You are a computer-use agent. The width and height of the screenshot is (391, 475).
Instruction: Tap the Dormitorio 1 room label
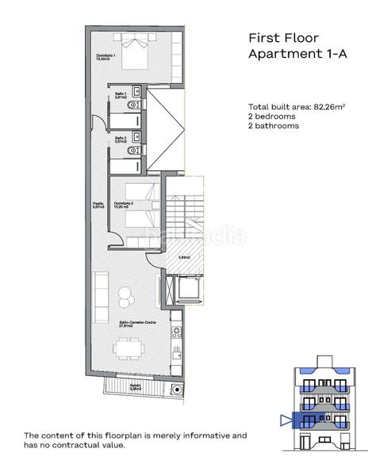(x=106, y=57)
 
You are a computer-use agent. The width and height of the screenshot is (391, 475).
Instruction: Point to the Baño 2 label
(x=121, y=139)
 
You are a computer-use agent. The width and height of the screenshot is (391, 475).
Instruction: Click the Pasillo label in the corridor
(x=98, y=205)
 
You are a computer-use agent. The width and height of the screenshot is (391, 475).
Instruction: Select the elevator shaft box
(x=190, y=289)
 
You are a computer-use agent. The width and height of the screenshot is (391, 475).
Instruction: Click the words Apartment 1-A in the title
(x=299, y=54)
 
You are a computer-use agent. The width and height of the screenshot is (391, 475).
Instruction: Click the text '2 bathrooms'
(x=274, y=126)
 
